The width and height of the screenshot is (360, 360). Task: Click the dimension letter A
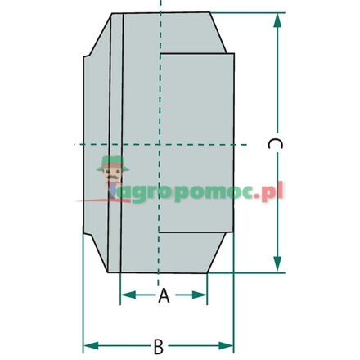click(x=164, y=295)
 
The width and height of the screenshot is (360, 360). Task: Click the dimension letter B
click(x=159, y=346)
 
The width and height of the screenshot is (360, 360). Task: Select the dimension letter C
click(x=275, y=144)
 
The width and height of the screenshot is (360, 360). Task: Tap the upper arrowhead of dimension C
click(x=277, y=20)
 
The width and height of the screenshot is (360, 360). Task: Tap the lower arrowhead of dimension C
click(x=277, y=264)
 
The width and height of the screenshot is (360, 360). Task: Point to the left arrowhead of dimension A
click(x=128, y=295)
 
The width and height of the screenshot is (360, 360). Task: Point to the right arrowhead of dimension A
click(x=200, y=295)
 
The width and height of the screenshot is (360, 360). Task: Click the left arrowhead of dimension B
click(x=91, y=346)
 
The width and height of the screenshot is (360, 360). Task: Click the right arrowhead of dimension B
click(x=226, y=346)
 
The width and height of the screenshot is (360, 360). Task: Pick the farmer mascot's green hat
click(x=112, y=163)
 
